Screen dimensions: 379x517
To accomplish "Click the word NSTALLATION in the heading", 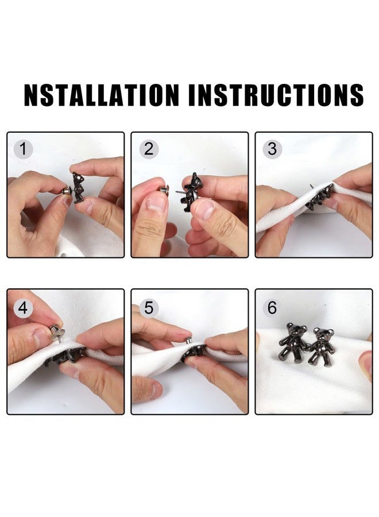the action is coord(102,95).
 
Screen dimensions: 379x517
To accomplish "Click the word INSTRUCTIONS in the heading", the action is coord(276,95).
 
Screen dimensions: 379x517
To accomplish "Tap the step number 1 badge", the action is coord(23,149).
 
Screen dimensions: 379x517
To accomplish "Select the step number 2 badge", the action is coord(149,149).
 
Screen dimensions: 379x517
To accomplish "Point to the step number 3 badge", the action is coord(272,149).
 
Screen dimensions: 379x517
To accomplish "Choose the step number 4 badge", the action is coord(23,308).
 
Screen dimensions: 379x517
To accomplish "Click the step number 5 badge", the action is coord(149,308).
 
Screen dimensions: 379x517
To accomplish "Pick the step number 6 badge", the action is coord(272,308).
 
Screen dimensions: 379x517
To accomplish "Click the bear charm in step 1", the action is coord(79,187).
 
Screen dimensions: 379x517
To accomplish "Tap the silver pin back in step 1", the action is coord(67,191).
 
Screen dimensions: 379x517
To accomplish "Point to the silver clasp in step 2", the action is coord(164,191).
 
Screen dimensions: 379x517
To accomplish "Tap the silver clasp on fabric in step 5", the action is coord(188,340).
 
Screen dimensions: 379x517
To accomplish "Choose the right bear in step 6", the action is coord(322,346).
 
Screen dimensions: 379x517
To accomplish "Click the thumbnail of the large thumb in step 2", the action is coord(155,204).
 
